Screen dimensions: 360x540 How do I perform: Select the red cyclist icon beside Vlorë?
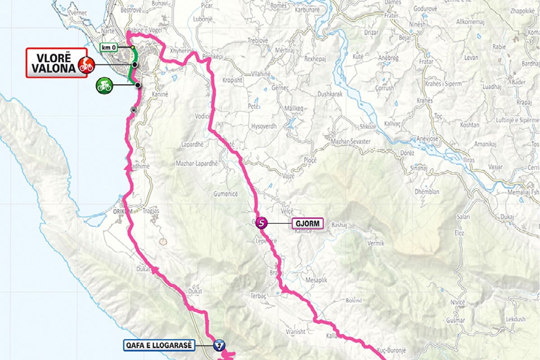coord(84,65)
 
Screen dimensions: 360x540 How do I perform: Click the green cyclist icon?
coord(104,85)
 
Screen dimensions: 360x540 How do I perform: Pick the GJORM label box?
coord(307,223)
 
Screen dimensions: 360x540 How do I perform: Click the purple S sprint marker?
coord(261,222)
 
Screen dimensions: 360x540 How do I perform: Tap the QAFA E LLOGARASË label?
coord(159,345)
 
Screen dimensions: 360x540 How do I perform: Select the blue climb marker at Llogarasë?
coord(219,346)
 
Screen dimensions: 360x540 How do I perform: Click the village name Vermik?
coord(376,243)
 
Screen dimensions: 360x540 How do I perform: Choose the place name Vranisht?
coord(295,332)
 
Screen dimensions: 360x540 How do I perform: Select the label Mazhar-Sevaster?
coord(350,142)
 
